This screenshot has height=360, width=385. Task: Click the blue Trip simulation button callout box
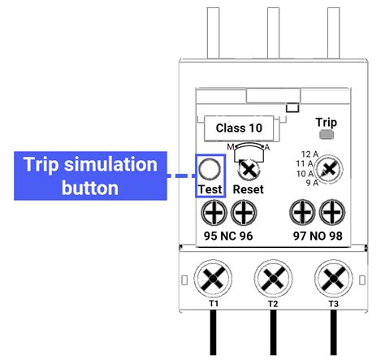89,176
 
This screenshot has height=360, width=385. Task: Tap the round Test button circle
209,169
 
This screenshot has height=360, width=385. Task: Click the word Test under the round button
210,189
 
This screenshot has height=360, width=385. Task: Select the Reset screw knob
249,169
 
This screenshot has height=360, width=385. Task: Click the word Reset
248,189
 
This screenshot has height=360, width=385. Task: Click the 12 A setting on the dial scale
305,154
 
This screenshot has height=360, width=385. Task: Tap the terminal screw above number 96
243,214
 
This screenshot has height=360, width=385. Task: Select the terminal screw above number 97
301,214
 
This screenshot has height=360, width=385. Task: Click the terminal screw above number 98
331,214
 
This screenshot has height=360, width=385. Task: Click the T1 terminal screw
214,277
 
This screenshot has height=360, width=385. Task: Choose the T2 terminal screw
272,277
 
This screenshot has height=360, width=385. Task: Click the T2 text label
272,303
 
